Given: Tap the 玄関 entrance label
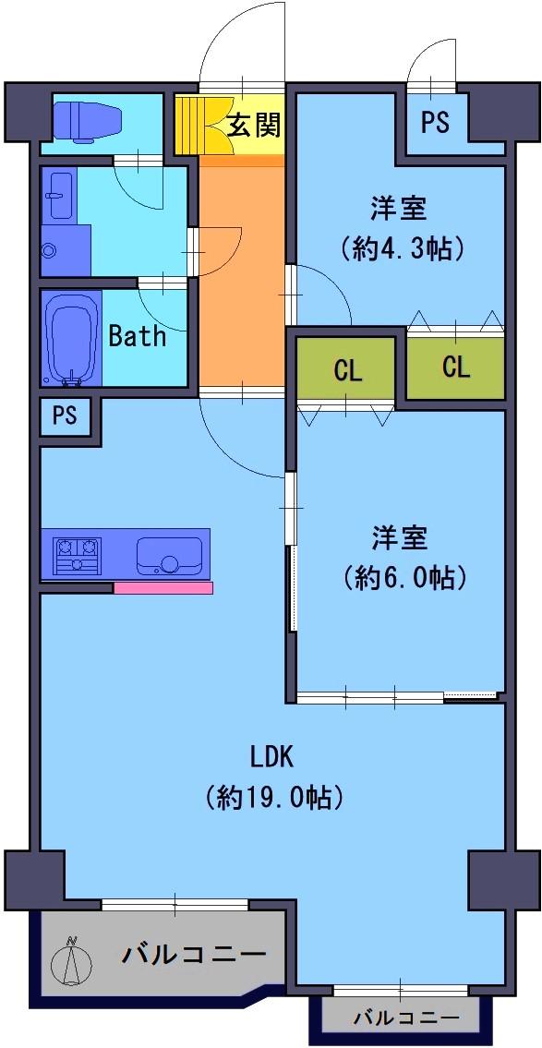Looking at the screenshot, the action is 252,125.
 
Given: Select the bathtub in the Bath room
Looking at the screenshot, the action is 71,338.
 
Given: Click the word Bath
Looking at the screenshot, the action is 137,335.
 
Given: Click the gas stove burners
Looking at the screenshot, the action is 78,556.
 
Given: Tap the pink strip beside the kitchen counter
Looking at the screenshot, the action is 163,587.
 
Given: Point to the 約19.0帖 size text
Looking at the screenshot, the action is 274,795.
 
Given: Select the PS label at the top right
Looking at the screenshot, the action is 435,122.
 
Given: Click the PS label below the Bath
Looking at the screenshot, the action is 66,416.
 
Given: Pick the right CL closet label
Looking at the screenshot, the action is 456,367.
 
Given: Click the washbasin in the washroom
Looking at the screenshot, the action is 60,196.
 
